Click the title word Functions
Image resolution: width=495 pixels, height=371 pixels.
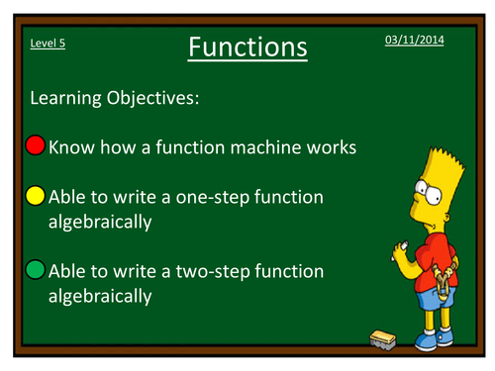pos(247,46)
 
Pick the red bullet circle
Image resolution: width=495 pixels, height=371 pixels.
pos(36,147)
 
